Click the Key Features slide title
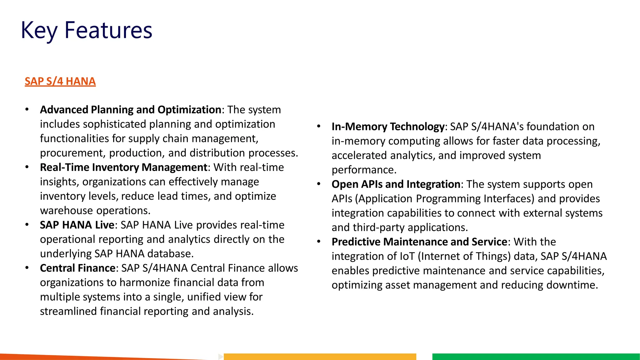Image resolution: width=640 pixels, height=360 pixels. (86, 30)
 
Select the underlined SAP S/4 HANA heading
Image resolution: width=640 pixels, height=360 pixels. (60, 81)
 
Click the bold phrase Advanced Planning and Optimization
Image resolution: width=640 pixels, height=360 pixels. (131, 110)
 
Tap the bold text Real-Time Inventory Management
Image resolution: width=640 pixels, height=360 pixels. (123, 167)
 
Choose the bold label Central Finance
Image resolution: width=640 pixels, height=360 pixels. (78, 268)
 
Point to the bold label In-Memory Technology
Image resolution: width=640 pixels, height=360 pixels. (388, 127)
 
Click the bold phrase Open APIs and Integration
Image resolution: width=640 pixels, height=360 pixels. (396, 184)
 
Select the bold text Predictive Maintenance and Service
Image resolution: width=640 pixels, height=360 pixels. (419, 242)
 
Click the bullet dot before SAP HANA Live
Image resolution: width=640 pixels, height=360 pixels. (27, 225)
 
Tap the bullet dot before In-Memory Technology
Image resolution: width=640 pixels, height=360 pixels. (319, 127)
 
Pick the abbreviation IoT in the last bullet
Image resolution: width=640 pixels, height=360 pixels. (407, 256)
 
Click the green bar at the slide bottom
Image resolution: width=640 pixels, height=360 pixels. (536, 356)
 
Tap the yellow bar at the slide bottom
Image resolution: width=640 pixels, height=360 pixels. (320, 356)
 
